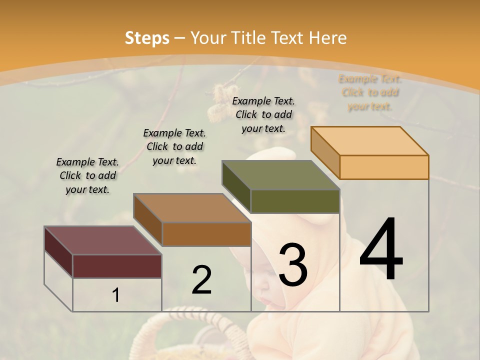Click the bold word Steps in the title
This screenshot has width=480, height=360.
click(147, 38)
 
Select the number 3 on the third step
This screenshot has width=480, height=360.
click(293, 265)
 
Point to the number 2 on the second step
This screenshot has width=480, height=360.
click(201, 280)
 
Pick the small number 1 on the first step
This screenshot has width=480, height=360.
click(116, 295)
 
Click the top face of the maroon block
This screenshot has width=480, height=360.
click(102, 240)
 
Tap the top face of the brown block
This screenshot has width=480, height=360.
click(192, 208)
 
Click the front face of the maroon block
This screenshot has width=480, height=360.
click(117, 266)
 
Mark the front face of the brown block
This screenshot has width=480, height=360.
click(206, 234)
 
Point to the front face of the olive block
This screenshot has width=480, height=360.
click(295, 201)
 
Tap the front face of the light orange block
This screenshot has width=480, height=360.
click(384, 167)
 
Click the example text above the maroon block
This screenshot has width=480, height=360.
click(87, 176)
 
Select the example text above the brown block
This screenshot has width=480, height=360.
click(174, 146)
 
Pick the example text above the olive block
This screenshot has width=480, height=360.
click(263, 114)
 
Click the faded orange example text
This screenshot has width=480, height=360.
click(370, 92)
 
